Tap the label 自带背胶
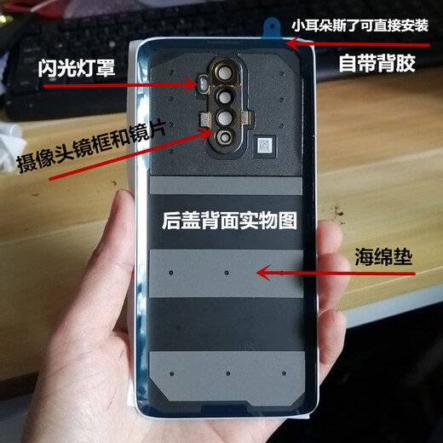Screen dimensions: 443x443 point(377,62)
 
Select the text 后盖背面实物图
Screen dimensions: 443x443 point(228,221)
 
